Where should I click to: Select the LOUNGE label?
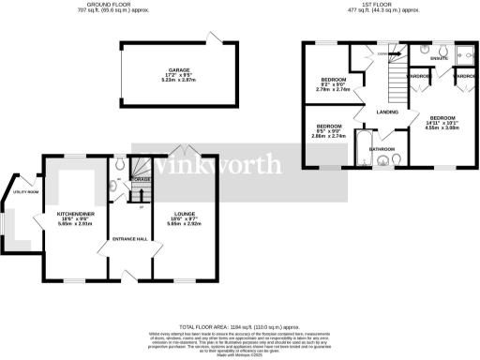(x=184, y=215)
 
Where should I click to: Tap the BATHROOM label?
(x=382, y=148)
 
